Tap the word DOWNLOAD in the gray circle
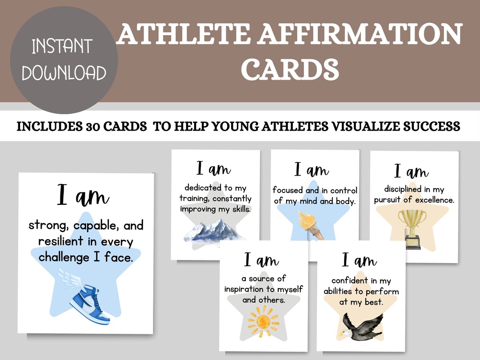click(x=64, y=72)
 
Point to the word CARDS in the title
click(x=292, y=69)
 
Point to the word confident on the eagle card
click(x=350, y=280)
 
